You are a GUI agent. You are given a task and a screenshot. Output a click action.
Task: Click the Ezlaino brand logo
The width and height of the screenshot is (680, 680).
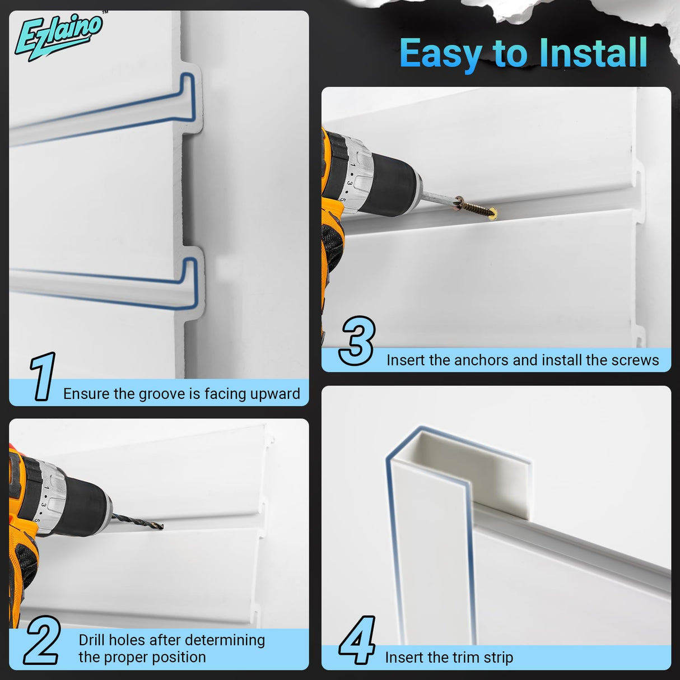point(58,36)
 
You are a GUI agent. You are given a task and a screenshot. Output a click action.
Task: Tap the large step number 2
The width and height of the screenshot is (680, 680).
point(41,640)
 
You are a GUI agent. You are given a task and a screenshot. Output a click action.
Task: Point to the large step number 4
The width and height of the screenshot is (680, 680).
point(357,640)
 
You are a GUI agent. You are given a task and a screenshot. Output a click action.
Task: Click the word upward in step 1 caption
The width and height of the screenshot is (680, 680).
point(274,394)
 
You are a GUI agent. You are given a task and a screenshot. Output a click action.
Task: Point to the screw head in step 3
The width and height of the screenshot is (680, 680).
point(493,213)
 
